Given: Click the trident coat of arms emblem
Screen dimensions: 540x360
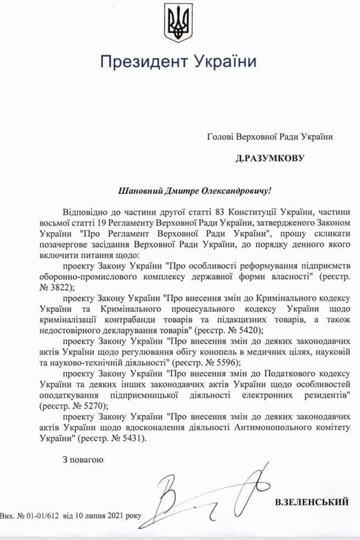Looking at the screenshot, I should (178, 22).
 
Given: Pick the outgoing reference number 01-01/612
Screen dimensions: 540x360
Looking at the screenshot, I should (42, 515).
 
